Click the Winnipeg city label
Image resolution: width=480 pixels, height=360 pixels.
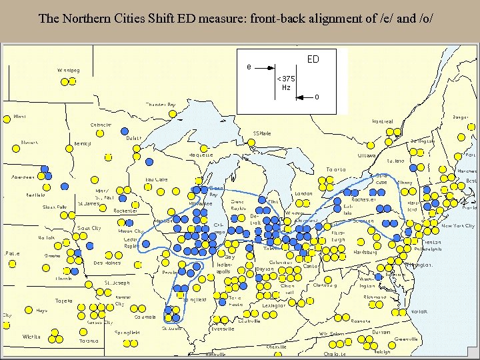[68, 70]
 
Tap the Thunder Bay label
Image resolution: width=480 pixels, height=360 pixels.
[161, 105]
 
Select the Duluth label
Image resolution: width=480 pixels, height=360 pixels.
[133, 139]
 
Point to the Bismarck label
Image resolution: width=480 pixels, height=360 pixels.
[29, 142]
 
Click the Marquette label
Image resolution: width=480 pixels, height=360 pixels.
[199, 155]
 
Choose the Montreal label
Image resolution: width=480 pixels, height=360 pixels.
[382, 121]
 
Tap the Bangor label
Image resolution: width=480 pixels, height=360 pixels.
[460, 117]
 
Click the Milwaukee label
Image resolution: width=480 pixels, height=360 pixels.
[200, 203]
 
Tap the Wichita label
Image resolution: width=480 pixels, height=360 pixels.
[31, 337]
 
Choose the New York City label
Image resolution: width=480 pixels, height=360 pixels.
[458, 226]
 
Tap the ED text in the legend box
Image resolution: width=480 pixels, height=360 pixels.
[313, 59]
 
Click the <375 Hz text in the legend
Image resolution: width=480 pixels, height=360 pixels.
[286, 83]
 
